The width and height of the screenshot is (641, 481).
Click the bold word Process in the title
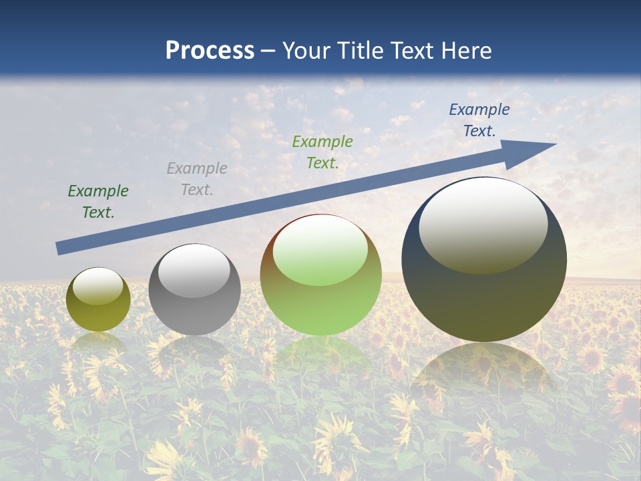click(210, 51)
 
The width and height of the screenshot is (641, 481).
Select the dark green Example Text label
click(98, 202)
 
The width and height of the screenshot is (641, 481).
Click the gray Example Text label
click(196, 179)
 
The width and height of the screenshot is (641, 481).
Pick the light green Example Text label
click(322, 152)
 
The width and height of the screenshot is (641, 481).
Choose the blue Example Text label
click(479, 120)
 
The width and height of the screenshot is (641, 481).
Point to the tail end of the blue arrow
click(60, 248)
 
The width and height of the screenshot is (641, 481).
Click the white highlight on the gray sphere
click(194, 271)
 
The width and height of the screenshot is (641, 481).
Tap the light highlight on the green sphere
click(320, 251)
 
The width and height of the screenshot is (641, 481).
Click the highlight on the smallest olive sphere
click(97, 286)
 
